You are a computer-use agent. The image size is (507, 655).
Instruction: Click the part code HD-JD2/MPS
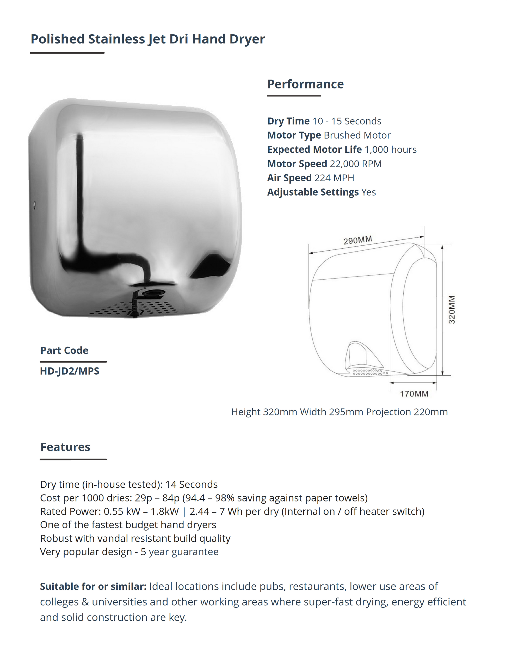pos(69,371)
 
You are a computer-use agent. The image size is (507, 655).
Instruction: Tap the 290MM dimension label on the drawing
pos(357,240)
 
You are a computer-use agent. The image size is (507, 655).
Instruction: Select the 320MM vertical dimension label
pos(452,310)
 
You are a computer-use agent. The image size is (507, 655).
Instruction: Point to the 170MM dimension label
pos(414,394)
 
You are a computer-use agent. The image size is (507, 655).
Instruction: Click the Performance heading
pos(305,84)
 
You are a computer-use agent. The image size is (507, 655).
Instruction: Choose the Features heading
pos(65,447)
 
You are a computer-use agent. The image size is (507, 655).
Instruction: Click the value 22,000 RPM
pos(356,164)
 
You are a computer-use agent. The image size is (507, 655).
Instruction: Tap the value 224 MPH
pos(334,178)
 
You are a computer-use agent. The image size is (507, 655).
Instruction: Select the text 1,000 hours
pos(391,149)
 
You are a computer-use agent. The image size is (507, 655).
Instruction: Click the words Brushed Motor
pos(357,135)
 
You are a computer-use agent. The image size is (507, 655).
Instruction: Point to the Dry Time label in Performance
pos(288,121)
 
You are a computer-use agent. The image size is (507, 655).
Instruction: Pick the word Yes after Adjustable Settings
pos(369,192)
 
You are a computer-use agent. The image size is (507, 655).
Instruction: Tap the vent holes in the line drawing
pos(368,372)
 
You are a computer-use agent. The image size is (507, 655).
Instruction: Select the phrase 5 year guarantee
pos(179,552)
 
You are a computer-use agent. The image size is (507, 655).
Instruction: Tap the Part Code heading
pos(64,350)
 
